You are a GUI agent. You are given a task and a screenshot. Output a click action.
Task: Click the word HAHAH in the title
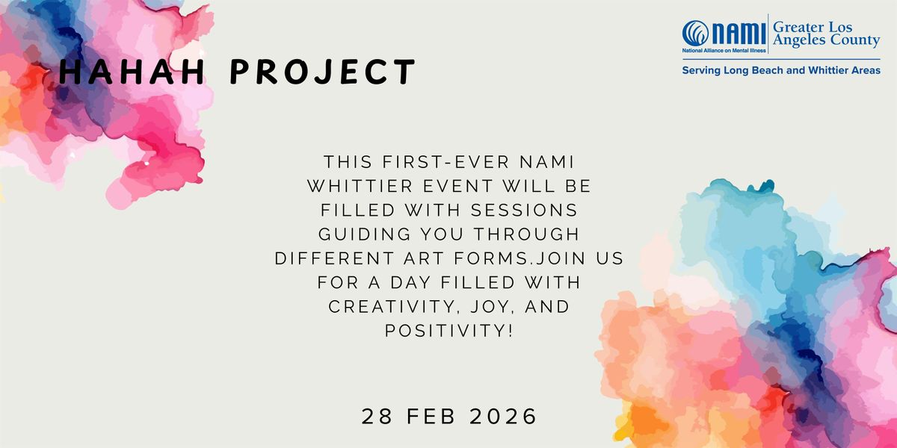pos(132,72)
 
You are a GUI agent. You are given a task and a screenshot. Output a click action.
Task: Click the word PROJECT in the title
pos(323,72)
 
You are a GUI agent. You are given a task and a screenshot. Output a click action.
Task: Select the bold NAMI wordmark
pos(739,33)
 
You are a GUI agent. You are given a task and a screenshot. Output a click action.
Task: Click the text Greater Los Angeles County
pos(826,34)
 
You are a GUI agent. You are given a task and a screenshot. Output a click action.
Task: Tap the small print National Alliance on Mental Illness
pos(724,51)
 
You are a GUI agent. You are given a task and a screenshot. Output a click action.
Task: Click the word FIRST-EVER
pos(446,162)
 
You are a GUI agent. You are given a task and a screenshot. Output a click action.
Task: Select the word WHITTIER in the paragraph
pos(360,186)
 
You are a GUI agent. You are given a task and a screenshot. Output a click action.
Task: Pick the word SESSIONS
pos(524,211)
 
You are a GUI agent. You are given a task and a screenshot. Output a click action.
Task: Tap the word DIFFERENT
pos(334,258)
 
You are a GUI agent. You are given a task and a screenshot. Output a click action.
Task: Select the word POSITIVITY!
pos(449,331)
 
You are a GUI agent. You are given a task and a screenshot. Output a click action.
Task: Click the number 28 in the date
pos(377,417)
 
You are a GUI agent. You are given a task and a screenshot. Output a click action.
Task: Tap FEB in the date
pos(431,417)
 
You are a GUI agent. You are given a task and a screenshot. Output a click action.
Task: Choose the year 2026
pos(502,417)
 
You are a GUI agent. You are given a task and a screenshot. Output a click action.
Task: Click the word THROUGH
pos(526,234)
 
